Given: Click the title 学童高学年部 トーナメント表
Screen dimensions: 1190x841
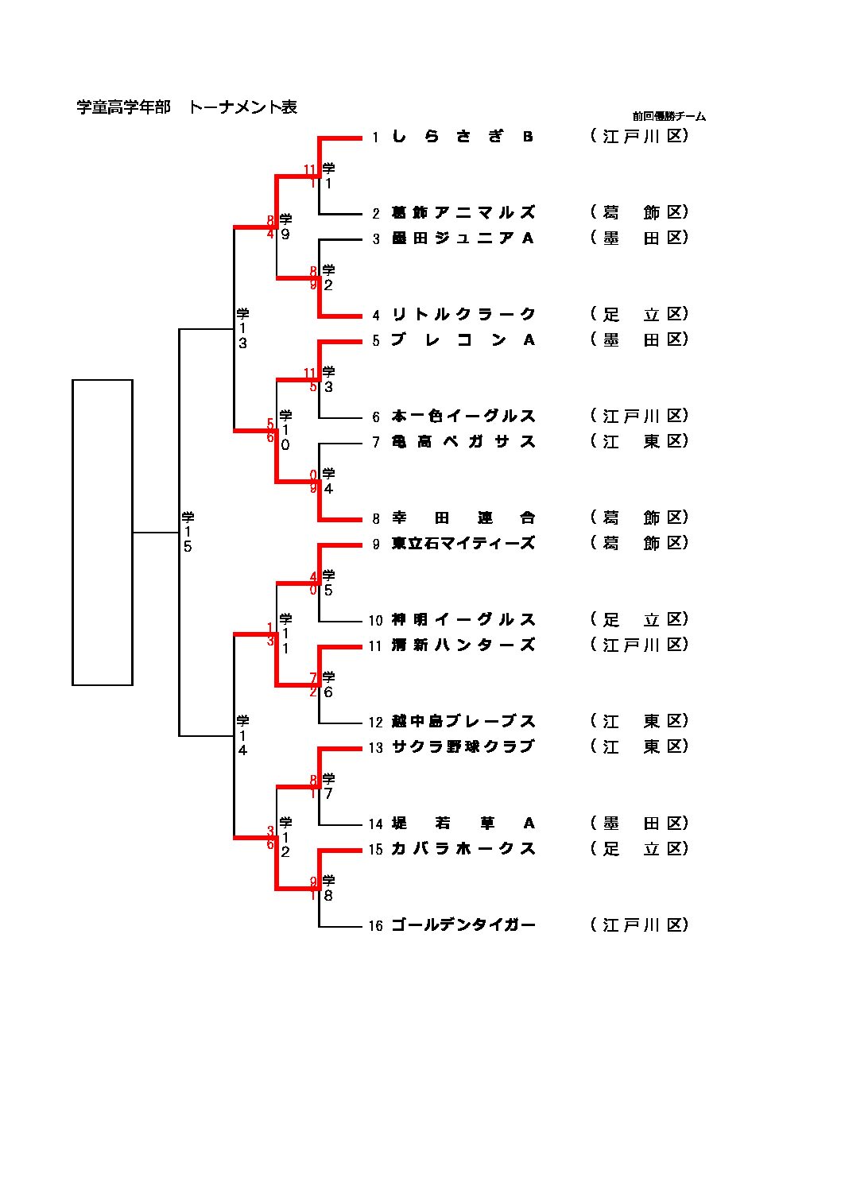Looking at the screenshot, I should (x=187, y=107).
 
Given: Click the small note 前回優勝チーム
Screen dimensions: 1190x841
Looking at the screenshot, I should (x=669, y=116).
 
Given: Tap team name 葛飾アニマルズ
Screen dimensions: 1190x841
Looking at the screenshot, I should (x=463, y=213).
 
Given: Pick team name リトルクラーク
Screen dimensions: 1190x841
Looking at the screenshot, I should (x=463, y=315).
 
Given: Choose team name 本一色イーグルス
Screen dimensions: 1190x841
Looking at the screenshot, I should (x=463, y=417).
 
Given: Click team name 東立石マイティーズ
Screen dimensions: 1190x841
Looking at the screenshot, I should (x=463, y=544).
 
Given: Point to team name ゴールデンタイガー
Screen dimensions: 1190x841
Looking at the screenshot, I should (x=463, y=925).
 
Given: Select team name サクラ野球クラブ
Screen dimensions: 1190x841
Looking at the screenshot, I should (x=463, y=747).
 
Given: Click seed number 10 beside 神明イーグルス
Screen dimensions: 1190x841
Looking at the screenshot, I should (x=375, y=621).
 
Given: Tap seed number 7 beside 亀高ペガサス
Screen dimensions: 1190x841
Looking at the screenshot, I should (x=376, y=443).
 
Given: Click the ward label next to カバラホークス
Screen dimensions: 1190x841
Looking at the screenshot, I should (x=639, y=849).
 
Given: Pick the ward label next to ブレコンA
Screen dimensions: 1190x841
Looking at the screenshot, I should (x=639, y=340).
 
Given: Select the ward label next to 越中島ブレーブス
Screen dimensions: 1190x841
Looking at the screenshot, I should (x=639, y=722).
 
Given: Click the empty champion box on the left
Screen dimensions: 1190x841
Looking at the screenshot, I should (x=103, y=532).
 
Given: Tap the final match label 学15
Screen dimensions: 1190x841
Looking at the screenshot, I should (x=188, y=532).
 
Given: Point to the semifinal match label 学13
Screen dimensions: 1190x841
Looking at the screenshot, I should (x=242, y=328).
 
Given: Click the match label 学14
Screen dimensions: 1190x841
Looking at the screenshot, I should (x=242, y=735).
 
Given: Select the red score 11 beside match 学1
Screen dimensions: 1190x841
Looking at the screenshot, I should (x=310, y=169).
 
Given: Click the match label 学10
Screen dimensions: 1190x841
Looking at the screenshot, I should (x=285, y=430).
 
